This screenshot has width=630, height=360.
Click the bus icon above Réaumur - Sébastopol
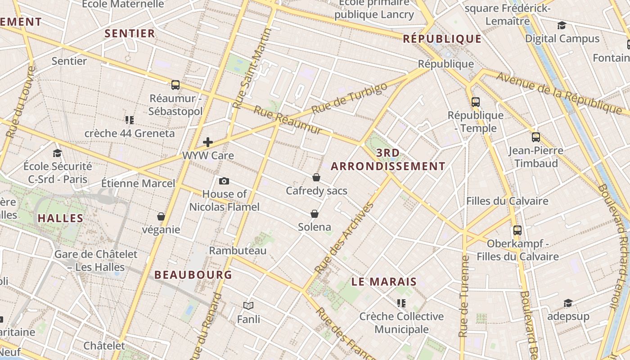pos(175,85)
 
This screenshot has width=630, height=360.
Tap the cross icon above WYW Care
pos(207,142)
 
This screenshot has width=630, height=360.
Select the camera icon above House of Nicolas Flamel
pos(224,181)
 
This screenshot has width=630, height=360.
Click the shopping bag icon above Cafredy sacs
pos(316,177)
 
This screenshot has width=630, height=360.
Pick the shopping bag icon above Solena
pos(315,213)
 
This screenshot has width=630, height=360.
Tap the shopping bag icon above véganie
pos(161,216)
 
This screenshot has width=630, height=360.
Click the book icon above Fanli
pos(248,306)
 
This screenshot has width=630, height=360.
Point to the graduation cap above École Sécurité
pos(57,153)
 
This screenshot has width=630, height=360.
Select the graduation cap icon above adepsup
pos(568,303)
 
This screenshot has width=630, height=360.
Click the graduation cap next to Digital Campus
pos(562,25)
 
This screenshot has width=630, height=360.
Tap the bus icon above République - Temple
pos(476,102)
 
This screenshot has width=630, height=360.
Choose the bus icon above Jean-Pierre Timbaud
pos(535,137)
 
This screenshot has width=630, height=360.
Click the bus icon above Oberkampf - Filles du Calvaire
pos(517,230)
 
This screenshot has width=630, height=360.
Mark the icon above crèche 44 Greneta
pos(130,120)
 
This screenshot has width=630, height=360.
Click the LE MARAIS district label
pos(384,282)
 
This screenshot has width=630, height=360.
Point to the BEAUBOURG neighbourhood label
pos(193,274)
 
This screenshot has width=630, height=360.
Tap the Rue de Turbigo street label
pos(349,98)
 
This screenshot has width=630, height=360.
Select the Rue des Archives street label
pos(345,238)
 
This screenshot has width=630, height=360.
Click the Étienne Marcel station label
pos(138,183)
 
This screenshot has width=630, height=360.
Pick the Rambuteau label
pos(238,251)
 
